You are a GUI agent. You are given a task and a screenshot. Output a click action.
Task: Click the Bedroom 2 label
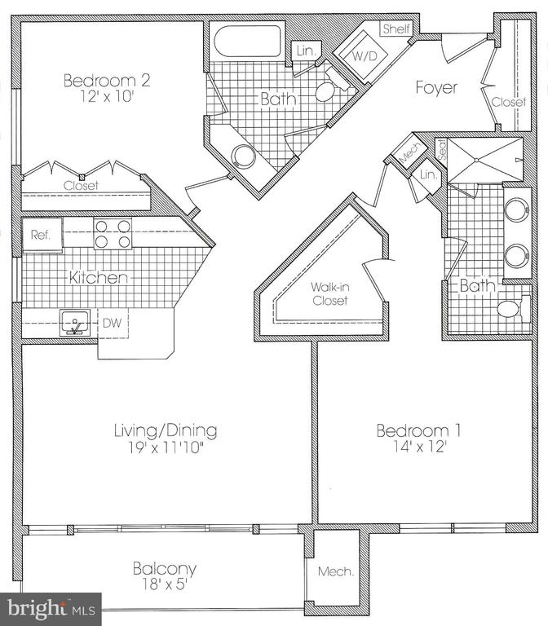[107, 80]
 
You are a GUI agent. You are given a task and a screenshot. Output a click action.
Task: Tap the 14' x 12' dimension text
[419, 447]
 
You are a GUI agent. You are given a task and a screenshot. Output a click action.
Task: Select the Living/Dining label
[166, 430]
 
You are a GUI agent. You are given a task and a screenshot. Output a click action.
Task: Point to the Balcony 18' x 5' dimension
[165, 585]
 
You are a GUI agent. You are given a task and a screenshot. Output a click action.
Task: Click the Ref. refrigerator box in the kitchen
[42, 235]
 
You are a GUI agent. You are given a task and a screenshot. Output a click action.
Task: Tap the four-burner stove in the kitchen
[113, 234]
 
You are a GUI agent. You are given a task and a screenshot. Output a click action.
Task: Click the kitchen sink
[75, 323]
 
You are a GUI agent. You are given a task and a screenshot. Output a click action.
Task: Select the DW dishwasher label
[112, 323]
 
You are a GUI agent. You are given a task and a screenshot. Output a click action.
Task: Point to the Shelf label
[396, 29]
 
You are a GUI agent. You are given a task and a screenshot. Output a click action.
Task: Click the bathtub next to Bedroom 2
[247, 42]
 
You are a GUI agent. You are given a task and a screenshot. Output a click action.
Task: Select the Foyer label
[436, 87]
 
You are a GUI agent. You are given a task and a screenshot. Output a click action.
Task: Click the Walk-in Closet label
[330, 293]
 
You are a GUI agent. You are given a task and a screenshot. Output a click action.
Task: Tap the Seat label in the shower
[442, 149]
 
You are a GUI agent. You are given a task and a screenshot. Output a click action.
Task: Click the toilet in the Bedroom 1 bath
[513, 309]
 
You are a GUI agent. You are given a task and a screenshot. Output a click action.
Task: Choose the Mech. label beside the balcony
[336, 571]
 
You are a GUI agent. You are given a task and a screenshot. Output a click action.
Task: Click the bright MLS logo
[51, 609]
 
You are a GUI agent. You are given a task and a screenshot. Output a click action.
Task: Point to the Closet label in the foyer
[509, 102]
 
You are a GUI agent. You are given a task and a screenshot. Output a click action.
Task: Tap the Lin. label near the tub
[307, 51]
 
